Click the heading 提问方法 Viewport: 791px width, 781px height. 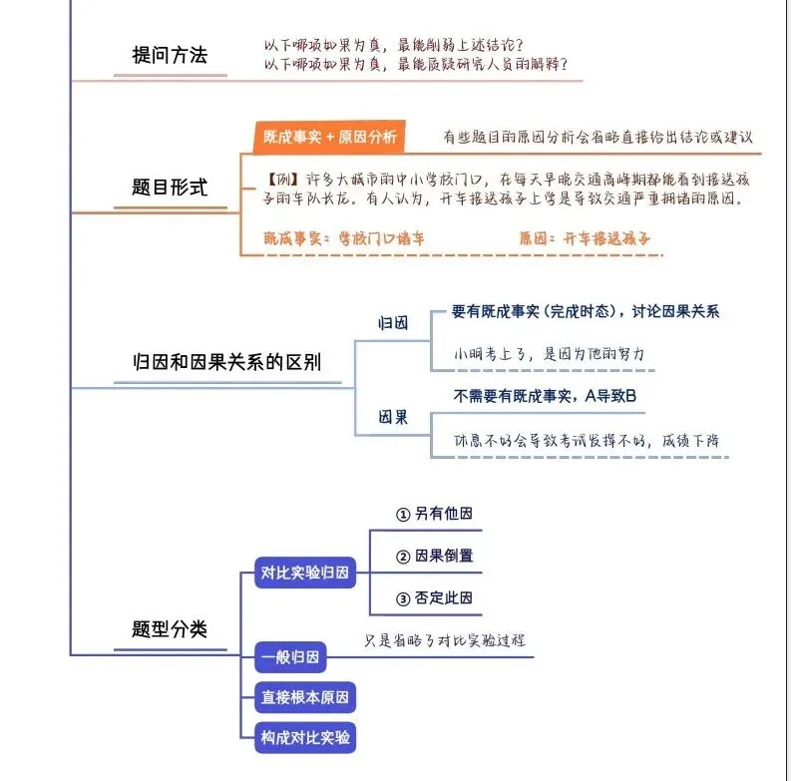point(170,56)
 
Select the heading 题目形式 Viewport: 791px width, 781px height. point(170,187)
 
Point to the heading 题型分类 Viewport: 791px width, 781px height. point(170,629)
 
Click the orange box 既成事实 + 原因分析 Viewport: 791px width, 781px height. point(329,137)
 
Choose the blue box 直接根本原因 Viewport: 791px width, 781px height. point(305,697)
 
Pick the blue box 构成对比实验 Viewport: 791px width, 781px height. point(305,738)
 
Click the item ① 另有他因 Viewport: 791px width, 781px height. point(434,515)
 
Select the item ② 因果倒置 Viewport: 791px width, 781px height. point(434,556)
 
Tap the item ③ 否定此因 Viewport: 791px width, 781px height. point(434,598)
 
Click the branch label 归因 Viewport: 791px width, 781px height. point(392,323)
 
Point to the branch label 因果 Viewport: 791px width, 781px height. point(392,417)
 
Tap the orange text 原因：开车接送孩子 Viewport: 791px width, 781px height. point(585,239)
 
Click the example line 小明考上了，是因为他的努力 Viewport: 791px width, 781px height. point(550,354)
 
